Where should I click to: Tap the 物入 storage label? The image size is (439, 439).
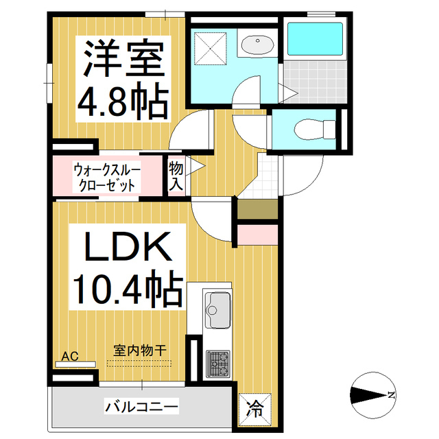click(x=176, y=176)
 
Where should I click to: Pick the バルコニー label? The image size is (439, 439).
click(x=141, y=407)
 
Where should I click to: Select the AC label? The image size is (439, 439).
click(x=69, y=355)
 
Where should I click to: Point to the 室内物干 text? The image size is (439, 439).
click(x=140, y=350)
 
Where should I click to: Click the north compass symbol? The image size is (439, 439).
click(x=373, y=394)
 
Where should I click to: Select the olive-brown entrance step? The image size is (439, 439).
click(x=257, y=210)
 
